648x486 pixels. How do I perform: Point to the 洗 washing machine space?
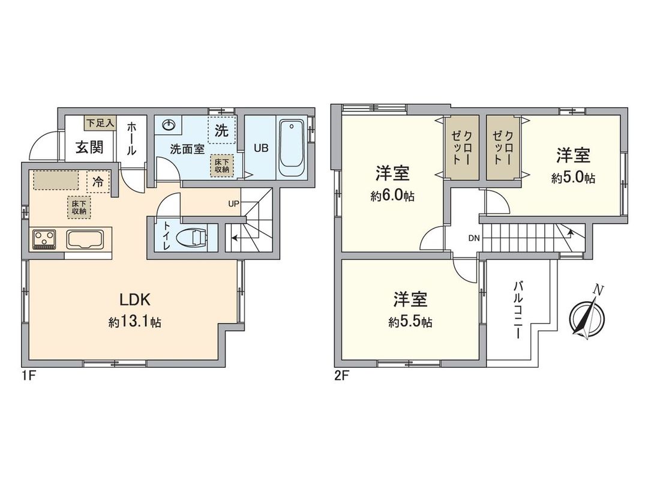coord(221,131)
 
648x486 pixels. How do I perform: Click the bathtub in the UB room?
coord(292,146)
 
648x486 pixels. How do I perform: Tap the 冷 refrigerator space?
coord(98,178)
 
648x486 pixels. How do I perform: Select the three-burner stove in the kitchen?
coord(44,240)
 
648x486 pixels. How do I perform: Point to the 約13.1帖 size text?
coord(134,322)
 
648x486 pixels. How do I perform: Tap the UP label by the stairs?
coord(233,203)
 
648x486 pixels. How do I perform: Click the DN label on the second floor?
coord(474,238)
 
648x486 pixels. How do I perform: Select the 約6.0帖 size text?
coord(393,196)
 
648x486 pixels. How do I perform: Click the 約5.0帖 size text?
coord(573,178)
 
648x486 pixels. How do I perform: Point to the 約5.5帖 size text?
coord(410,322)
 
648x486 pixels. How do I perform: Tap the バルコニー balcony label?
coord(517,310)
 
